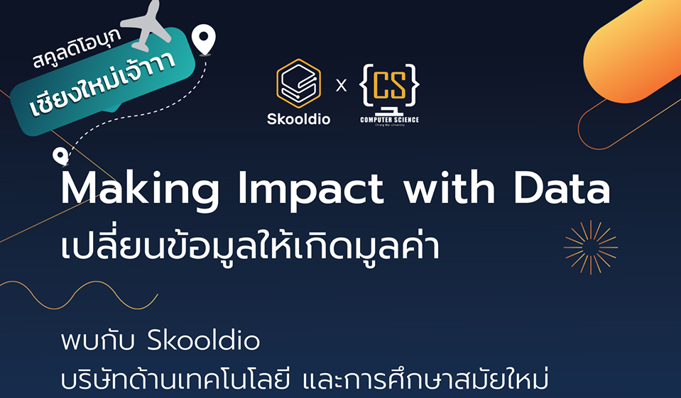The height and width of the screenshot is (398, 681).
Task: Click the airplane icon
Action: pyautogui.click(x=147, y=26)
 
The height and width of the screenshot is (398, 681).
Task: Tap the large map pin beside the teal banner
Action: pyautogui.click(x=204, y=40)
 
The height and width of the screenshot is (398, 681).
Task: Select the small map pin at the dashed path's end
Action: pyautogui.click(x=60, y=156)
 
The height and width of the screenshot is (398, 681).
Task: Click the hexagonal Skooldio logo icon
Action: pyautogui.click(x=298, y=83)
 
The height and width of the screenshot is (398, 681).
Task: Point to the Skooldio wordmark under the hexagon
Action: pyautogui.click(x=298, y=119)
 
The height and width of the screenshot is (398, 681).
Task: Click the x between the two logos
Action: pyautogui.click(x=342, y=86)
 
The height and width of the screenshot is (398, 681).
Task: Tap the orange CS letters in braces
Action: pyautogui.click(x=390, y=84)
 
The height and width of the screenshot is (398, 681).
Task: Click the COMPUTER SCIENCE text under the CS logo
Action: pyautogui.click(x=390, y=119)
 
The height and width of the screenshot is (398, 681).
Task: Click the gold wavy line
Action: pyautogui.click(x=79, y=295)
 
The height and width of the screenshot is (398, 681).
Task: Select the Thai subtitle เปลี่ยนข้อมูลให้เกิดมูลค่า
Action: pyautogui.click(x=250, y=245)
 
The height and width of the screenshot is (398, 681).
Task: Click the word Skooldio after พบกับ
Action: pyautogui.click(x=204, y=341)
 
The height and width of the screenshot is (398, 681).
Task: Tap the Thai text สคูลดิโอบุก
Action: pyautogui.click(x=77, y=49)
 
